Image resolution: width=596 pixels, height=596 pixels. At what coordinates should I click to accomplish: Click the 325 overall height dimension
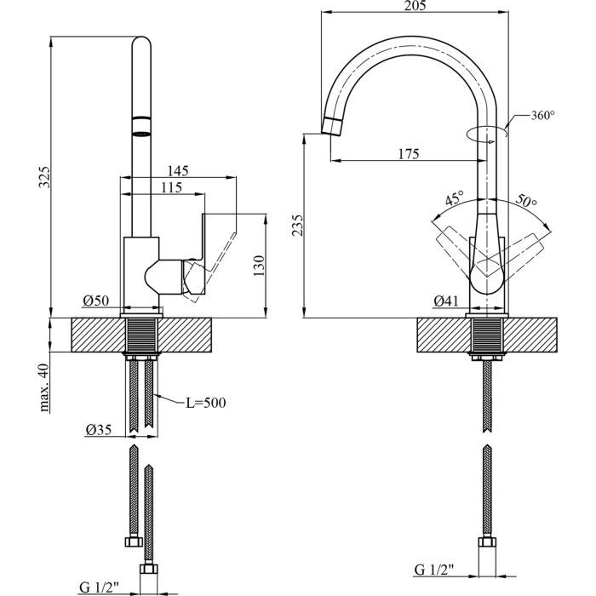click(x=44, y=177)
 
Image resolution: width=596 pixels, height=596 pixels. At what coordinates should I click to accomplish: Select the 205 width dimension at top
click(x=415, y=5)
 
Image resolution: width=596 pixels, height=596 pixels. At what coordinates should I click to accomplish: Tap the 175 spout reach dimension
click(x=409, y=153)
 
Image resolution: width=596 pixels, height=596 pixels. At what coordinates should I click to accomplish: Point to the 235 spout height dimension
click(x=298, y=225)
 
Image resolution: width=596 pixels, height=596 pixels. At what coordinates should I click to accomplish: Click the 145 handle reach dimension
click(x=178, y=170)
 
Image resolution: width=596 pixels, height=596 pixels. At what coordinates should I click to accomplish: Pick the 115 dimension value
click(x=171, y=187)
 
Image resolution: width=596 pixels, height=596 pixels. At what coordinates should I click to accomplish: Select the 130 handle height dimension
click(x=259, y=266)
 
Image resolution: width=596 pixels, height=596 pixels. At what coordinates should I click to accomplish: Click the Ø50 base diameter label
click(x=95, y=301)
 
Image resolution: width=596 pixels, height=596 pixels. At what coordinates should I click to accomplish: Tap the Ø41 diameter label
click(x=446, y=301)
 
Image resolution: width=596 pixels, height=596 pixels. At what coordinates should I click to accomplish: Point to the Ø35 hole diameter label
click(x=99, y=429)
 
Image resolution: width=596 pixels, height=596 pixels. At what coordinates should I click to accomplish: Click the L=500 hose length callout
click(x=206, y=403)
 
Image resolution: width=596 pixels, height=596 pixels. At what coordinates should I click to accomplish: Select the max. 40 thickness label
click(x=44, y=387)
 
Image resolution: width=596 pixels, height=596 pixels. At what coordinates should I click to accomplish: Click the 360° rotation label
click(x=542, y=115)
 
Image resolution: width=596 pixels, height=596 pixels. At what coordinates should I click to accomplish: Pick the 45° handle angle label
click(x=455, y=198)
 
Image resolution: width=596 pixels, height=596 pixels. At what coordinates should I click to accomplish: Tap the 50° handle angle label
click(x=526, y=201)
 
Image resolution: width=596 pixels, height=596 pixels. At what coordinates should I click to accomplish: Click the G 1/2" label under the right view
click(x=434, y=570)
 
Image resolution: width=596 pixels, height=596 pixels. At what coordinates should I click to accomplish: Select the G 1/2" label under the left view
click(x=99, y=587)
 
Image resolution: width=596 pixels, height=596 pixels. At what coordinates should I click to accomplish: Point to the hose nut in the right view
click(x=487, y=542)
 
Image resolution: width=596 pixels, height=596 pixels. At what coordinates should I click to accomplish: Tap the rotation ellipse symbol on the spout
click(x=487, y=134)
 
